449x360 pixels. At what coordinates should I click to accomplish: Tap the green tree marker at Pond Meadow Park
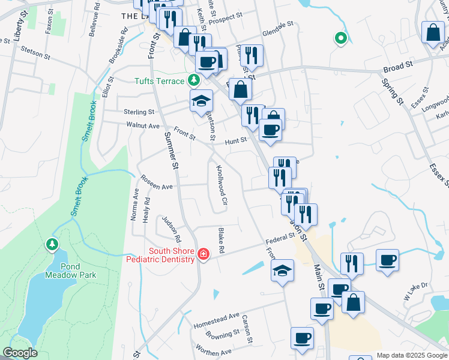[52, 244]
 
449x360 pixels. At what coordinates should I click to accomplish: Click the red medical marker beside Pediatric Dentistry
[203, 255]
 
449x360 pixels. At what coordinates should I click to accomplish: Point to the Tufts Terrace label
[160, 80]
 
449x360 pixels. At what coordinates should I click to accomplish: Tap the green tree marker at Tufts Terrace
[193, 80]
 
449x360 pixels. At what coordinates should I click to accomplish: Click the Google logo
[20, 353]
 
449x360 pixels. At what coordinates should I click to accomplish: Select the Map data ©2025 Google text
[411, 355]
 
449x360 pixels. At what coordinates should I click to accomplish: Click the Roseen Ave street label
[157, 182]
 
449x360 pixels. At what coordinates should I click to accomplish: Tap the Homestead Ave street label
[216, 320]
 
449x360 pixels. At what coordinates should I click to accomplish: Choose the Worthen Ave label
[214, 349]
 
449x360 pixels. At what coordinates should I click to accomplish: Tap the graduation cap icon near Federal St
[282, 271]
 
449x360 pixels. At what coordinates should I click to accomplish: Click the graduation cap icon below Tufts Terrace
[202, 101]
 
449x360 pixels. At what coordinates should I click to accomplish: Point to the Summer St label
[171, 149]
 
